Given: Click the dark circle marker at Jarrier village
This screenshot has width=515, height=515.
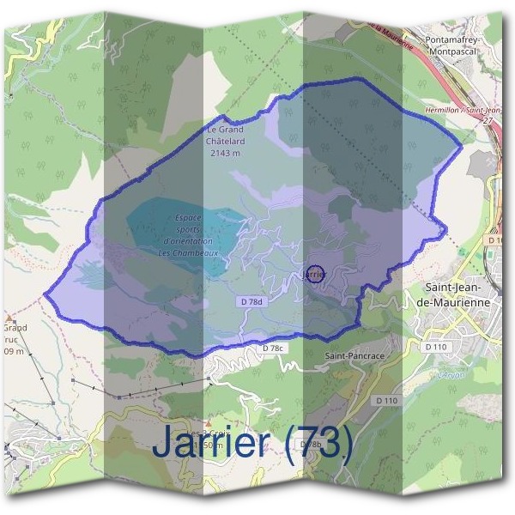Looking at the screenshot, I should [315, 274].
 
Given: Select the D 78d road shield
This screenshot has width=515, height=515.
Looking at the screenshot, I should [250, 303].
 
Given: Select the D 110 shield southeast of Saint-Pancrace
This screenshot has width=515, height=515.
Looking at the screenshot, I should [386, 401].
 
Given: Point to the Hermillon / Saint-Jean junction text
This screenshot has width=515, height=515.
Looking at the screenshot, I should [463, 111].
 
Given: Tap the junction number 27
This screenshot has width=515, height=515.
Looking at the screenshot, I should [488, 121].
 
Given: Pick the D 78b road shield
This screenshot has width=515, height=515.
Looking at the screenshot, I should [311, 444].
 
